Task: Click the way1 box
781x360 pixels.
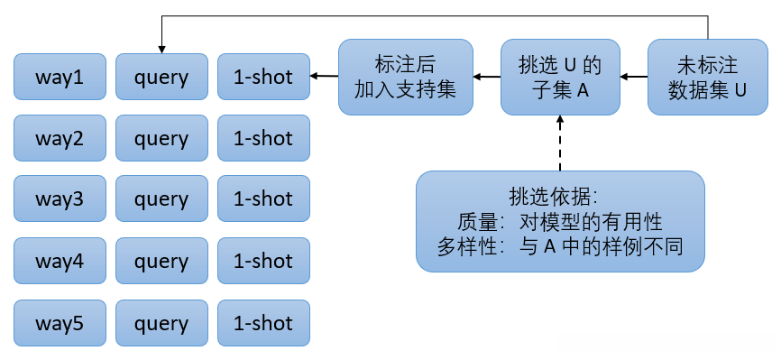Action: [60, 78]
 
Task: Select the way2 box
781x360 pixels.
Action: [60, 139]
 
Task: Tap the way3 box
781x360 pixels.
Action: [60, 199]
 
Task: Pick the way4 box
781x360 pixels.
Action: [60, 262]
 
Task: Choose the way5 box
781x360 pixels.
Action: [60, 323]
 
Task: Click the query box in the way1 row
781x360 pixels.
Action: [161, 78]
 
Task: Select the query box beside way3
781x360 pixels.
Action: [161, 199]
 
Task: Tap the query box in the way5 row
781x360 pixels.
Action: [161, 323]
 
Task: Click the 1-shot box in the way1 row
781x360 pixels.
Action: [263, 78]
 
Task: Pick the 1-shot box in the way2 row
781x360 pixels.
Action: [263, 139]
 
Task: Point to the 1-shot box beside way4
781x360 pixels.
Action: [263, 262]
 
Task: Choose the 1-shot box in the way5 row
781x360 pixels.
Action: [263, 323]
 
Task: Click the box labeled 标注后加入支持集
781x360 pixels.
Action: [406, 77]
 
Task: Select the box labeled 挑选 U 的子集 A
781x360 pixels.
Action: [560, 77]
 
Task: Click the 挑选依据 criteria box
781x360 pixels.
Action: [560, 221]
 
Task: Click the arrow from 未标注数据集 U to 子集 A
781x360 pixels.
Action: [634, 77]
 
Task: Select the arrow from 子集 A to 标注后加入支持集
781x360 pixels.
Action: [488, 77]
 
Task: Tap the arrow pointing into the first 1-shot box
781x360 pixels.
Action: [324, 77]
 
